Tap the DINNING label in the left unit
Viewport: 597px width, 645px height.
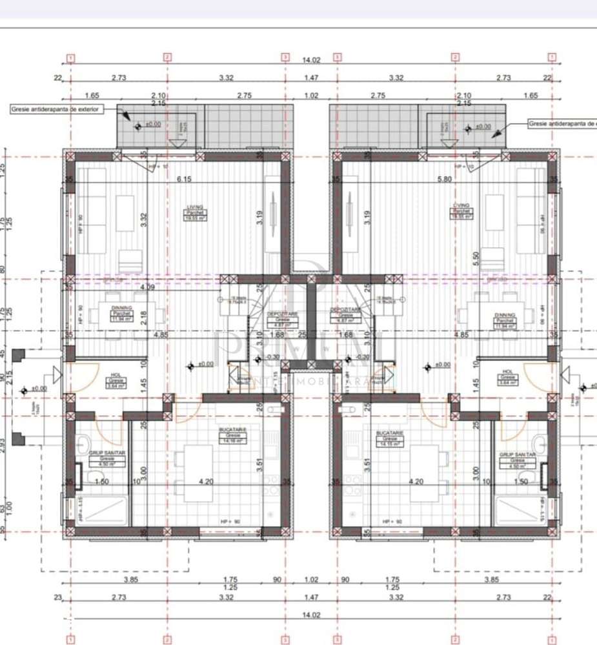pyautogui.click(x=121, y=309)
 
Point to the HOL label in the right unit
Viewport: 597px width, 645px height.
pyautogui.click(x=507, y=372)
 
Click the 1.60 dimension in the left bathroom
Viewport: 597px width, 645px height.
pyautogui.click(x=101, y=481)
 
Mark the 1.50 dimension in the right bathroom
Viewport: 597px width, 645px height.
pyautogui.click(x=503, y=481)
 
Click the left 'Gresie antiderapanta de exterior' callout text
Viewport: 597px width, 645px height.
pyautogui.click(x=55, y=110)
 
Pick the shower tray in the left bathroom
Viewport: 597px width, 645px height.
pyautogui.click(x=103, y=511)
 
